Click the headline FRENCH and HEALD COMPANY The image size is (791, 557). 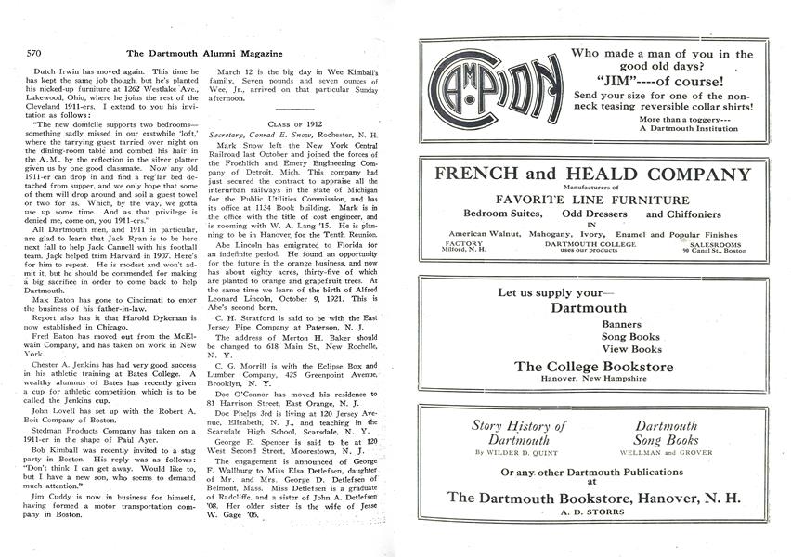(592, 175)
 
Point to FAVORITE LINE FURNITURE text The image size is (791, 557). (592, 200)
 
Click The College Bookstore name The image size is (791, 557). (594, 366)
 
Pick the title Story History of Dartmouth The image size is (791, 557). (519, 433)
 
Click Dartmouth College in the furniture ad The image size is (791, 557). (594, 243)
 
